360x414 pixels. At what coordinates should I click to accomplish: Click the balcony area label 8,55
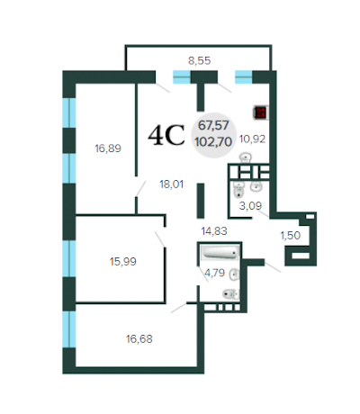[200, 61]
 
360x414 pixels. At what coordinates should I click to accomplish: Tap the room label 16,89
[108, 148]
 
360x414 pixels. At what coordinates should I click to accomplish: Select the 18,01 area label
[171, 184]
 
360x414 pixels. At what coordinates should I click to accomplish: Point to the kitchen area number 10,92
[252, 139]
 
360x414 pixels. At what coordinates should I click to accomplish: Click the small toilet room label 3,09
[250, 205]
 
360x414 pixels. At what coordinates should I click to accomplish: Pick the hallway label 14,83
[214, 231]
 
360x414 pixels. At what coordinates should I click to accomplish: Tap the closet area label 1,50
[291, 236]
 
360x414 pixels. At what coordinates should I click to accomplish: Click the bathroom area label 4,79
[214, 273]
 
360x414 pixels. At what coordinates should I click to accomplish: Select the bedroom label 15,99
[123, 261]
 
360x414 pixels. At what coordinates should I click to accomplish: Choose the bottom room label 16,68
[139, 339]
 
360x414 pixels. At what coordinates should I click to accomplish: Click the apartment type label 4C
[166, 136]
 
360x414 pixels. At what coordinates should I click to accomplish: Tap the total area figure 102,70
[213, 141]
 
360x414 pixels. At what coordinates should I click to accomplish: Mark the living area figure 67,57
[213, 125]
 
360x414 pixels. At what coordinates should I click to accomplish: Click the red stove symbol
[261, 112]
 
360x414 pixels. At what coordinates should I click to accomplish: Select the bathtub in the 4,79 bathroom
[220, 252]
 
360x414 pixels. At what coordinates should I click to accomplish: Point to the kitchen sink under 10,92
[246, 157]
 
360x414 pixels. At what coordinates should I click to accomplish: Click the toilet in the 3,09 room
[238, 190]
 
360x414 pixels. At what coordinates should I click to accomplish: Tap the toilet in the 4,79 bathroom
[230, 294]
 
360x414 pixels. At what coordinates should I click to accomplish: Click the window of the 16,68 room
[69, 329]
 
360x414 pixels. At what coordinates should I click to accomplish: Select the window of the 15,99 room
[69, 258]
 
